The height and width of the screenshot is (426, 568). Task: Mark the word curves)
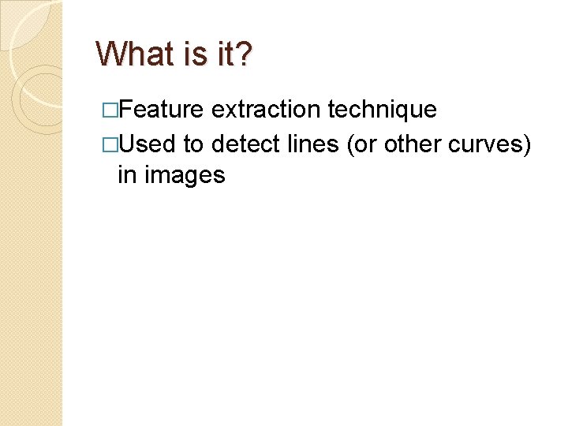pyautogui.click(x=491, y=145)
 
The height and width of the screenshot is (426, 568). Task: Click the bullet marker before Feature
pyautogui.click(x=109, y=110)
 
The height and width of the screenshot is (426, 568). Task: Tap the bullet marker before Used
pyautogui.click(x=109, y=145)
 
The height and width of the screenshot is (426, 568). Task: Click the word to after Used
pyautogui.click(x=193, y=144)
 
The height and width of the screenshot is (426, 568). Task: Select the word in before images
pyautogui.click(x=126, y=174)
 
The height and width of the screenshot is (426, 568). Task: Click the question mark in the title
pyautogui.click(x=246, y=54)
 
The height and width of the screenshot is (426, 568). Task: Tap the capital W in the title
pyautogui.click(x=111, y=54)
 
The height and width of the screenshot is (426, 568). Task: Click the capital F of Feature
pyautogui.click(x=125, y=110)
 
